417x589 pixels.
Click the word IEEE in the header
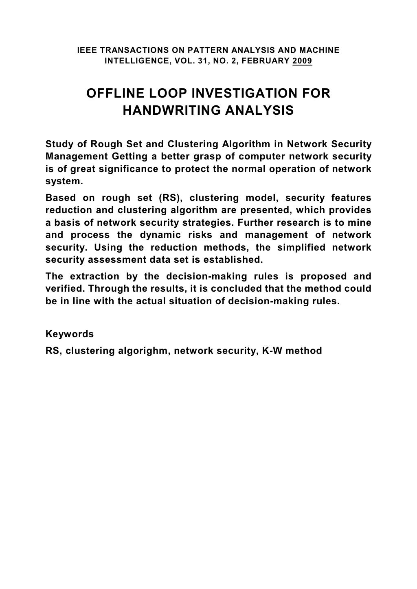click(87, 50)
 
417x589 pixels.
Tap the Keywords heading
click(70, 334)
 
